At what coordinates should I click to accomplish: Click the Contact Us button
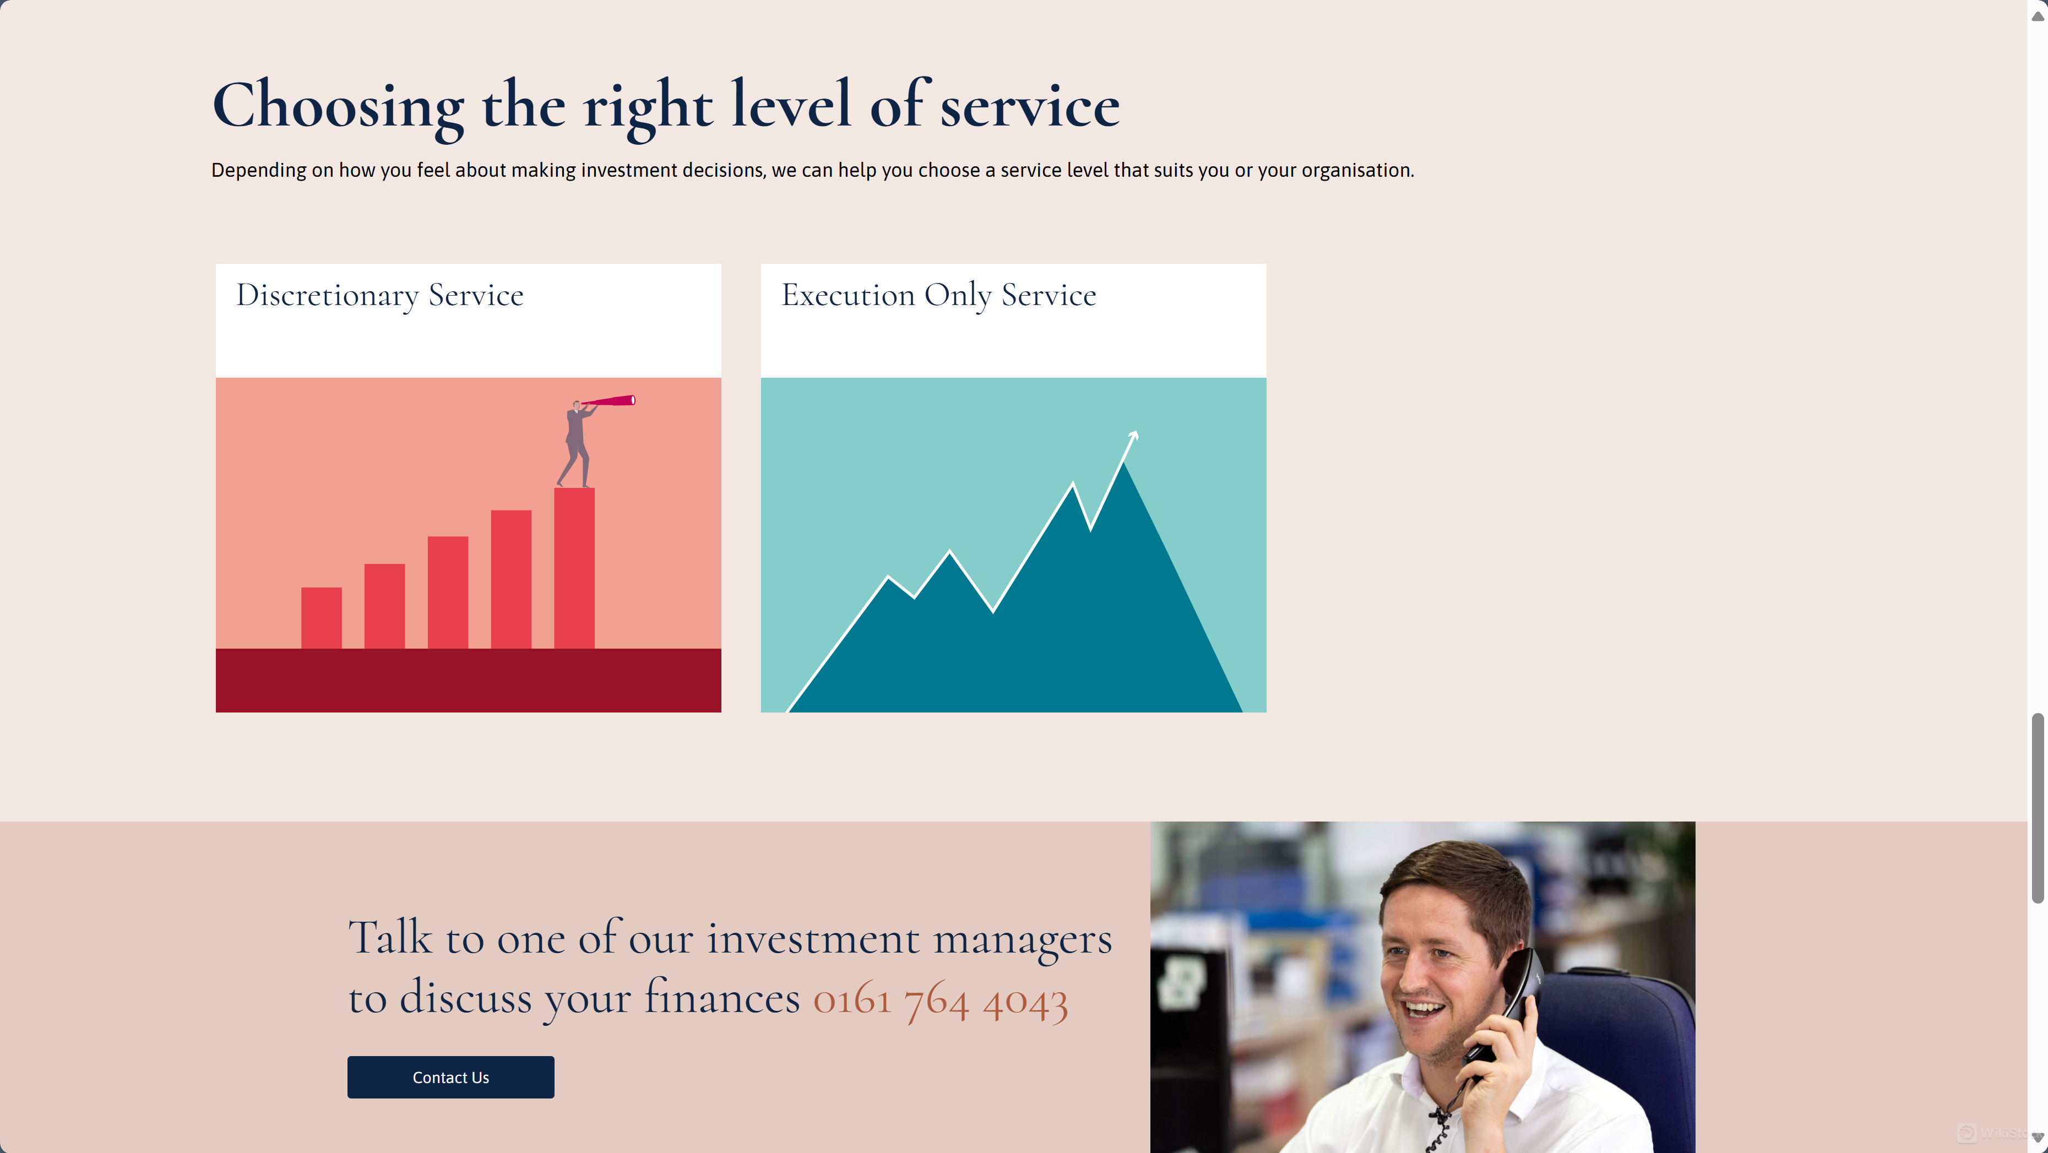coord(450,1078)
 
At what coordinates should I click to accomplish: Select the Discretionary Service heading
coord(379,295)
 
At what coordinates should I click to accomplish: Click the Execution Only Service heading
coord(938,295)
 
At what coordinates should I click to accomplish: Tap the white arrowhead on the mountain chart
coord(1134,435)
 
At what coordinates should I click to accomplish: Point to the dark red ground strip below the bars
coord(468,680)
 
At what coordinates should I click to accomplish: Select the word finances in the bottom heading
coord(721,997)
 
